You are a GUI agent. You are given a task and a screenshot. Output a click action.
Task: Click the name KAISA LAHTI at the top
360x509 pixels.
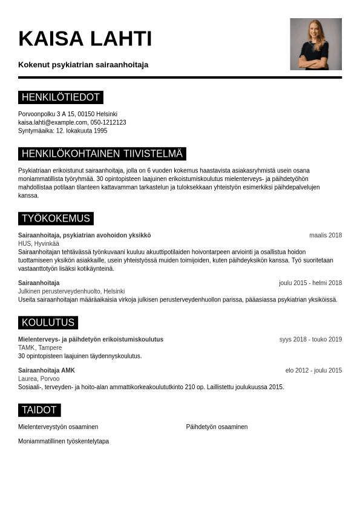85,39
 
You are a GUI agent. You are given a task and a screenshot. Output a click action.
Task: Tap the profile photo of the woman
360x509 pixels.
315,44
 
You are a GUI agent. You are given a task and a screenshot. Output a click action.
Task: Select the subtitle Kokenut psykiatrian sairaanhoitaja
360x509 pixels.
83,65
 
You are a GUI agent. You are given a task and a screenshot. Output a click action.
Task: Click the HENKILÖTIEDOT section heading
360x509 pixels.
61,97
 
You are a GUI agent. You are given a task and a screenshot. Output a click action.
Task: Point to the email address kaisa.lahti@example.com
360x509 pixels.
53,122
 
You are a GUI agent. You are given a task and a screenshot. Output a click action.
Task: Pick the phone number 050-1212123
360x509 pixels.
108,122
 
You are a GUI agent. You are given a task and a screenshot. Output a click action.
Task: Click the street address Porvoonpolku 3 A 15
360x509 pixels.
46,114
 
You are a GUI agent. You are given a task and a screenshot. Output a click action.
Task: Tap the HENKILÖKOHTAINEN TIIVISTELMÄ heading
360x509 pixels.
102,154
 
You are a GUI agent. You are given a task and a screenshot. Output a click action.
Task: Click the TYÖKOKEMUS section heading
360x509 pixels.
56,218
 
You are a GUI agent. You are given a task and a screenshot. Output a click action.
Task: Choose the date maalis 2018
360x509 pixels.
325,235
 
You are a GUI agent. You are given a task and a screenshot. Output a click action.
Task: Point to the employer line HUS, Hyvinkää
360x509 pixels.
39,243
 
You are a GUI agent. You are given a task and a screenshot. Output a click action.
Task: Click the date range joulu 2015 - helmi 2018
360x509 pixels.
310,283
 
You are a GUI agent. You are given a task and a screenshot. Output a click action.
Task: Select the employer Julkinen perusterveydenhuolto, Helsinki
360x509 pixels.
71,291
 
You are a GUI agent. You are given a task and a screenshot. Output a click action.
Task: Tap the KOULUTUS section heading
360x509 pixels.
48,323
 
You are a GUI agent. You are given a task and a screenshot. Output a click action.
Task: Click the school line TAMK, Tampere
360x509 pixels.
40,347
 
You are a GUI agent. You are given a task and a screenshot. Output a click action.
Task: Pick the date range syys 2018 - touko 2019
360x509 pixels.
310,340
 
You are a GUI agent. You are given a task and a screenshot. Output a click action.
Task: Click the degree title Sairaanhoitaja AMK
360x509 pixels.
47,370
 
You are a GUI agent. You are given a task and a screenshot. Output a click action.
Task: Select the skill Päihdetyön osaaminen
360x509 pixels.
217,427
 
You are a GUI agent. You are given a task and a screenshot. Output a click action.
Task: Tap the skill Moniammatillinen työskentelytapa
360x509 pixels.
64,441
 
